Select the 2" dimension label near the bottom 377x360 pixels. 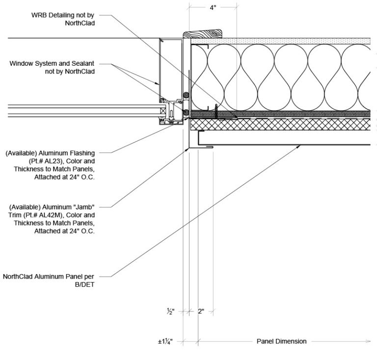(201, 311)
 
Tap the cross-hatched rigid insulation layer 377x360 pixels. (280, 125)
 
